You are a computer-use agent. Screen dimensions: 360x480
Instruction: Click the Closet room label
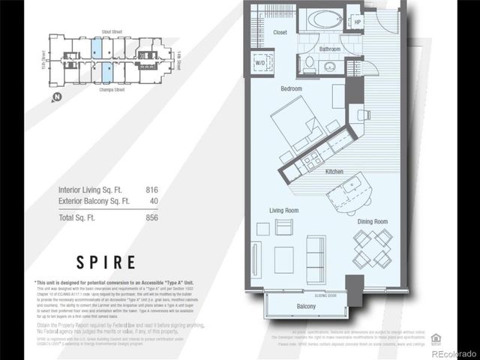(280, 32)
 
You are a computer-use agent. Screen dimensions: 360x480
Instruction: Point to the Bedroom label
(291, 89)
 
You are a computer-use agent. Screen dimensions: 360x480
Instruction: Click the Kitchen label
(334, 172)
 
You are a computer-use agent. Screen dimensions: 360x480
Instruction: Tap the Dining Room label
(372, 221)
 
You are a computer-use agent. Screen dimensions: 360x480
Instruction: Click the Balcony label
(306, 307)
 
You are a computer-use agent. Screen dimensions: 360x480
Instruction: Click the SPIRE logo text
(106, 262)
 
